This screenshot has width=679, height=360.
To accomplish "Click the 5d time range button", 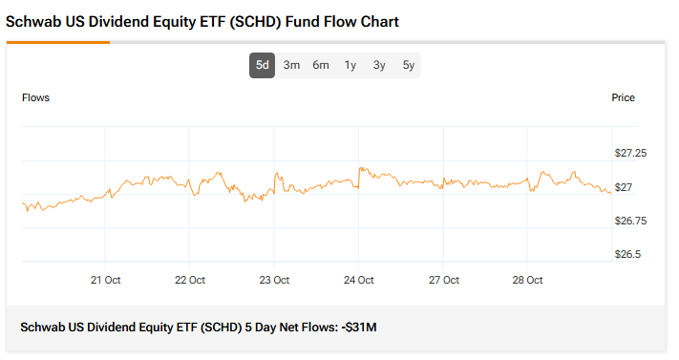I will point(262,65).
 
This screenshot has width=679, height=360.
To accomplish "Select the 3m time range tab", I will point(291,65).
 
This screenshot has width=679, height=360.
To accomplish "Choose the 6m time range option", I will point(321,65).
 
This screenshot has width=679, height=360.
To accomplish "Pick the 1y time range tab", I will point(350,65).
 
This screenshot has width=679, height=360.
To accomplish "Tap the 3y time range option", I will point(379,65).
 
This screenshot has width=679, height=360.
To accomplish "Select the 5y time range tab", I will point(409,65).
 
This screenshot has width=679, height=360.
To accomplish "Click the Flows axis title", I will point(35,97).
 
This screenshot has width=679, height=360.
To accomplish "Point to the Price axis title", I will point(623,97).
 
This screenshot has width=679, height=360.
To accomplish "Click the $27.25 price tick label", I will point(630,153).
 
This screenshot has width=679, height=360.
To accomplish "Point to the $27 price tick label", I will point(625,187).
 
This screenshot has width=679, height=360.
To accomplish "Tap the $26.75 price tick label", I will point(630,221).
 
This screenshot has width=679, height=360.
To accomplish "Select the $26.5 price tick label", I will point(628,254).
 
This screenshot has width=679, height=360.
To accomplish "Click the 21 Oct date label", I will point(105,280).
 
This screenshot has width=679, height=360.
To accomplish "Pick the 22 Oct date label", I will point(190,280).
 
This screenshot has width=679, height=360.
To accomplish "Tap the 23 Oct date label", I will point(274,280).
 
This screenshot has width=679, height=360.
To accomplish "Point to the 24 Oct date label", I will point(358,280).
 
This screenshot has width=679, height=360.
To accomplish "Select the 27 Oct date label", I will point(443,280).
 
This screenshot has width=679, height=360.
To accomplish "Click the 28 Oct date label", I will point(527,280).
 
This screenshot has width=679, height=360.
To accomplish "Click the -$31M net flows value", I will point(359,328).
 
